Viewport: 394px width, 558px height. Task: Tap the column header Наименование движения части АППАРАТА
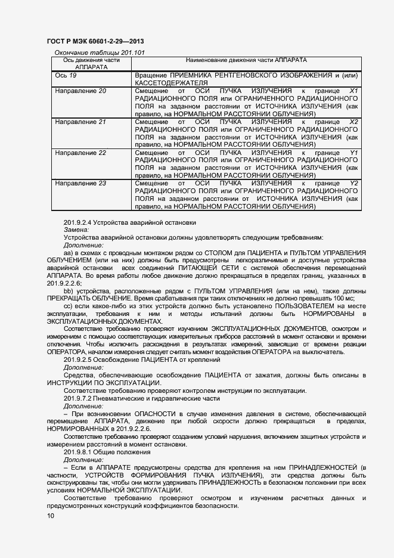[246, 61]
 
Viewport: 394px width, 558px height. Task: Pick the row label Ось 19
[66, 76]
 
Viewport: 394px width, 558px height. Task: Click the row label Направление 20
[80, 91]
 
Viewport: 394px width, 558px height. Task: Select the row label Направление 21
[80, 122]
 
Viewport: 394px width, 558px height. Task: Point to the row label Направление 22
[80, 153]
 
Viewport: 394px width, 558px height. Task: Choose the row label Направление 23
[80, 184]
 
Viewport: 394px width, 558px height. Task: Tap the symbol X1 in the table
[353, 91]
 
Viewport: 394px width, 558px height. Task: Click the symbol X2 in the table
[353, 122]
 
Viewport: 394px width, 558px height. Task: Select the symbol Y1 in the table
[353, 153]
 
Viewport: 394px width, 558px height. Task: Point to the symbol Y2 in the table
[353, 184]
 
